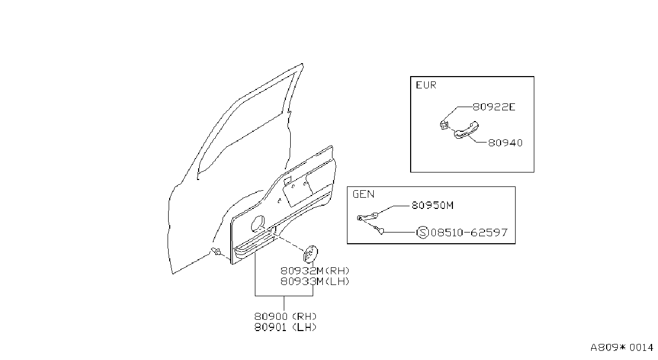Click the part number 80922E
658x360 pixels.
tap(494, 107)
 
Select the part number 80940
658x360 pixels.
tap(505, 143)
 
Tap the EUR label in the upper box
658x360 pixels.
tap(426, 85)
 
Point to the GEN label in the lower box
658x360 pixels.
tap(364, 194)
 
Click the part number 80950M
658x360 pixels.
tap(433, 205)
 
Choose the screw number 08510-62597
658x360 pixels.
tap(469, 232)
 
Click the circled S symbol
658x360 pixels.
tap(423, 232)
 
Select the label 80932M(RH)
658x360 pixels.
tap(315, 271)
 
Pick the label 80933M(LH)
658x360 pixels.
tap(315, 282)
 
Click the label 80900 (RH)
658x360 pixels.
tap(285, 317)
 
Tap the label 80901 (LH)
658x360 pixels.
tap(285, 327)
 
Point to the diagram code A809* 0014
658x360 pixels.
tap(622, 348)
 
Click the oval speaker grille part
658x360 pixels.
tap(311, 254)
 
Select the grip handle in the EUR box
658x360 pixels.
tap(466, 130)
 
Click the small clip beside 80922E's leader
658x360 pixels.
tap(444, 125)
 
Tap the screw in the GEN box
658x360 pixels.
tap(379, 230)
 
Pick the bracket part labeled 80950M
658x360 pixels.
tap(367, 217)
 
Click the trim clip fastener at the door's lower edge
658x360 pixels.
tap(216, 251)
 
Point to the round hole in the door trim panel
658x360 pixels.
tap(258, 224)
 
